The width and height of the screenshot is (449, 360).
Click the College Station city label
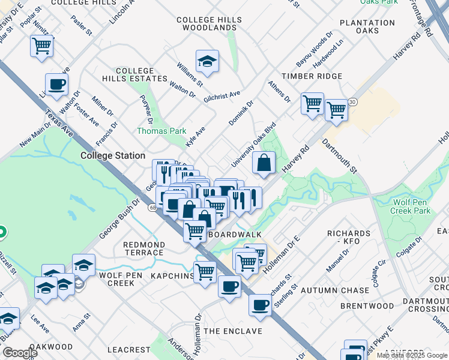113,155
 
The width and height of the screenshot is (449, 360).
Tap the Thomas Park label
161,131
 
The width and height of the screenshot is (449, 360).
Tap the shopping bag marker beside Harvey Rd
264,162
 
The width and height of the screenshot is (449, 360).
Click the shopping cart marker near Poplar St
42,46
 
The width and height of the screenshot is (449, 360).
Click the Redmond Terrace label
144,248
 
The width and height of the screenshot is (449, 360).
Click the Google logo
20,353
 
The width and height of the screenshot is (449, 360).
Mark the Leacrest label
129,349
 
